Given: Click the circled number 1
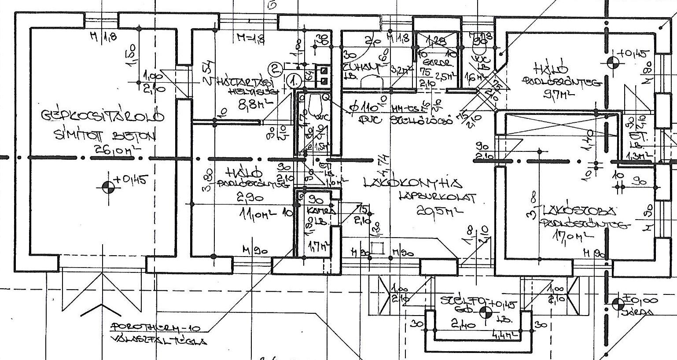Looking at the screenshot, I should pos(293,81).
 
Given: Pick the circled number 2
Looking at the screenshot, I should pos(276,68).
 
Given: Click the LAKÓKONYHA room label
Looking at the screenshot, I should pos(412,182).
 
